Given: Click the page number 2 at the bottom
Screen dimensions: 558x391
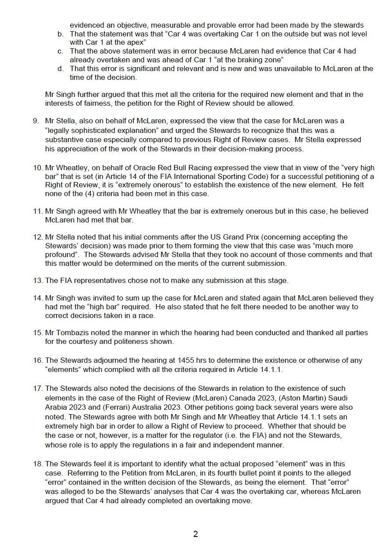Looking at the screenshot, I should (x=195, y=534).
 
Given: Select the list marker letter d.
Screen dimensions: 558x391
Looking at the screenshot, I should (x=60, y=68).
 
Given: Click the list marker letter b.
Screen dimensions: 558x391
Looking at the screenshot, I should (x=60, y=34).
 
